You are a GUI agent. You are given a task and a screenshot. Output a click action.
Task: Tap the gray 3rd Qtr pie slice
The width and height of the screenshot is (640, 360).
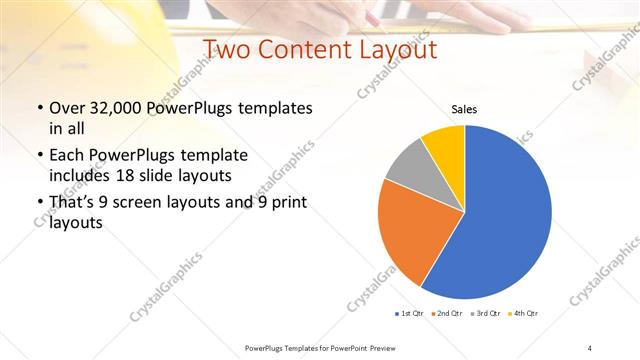click(410, 170)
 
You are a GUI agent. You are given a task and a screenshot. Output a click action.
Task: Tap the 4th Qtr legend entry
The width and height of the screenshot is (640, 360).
click(525, 314)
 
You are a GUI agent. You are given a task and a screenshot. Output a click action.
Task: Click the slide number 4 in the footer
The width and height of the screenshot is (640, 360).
click(590, 347)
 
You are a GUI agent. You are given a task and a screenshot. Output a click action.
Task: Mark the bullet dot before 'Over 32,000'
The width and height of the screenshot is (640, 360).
click(39, 108)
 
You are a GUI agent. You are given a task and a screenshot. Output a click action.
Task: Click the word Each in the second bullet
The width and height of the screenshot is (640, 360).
click(68, 155)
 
